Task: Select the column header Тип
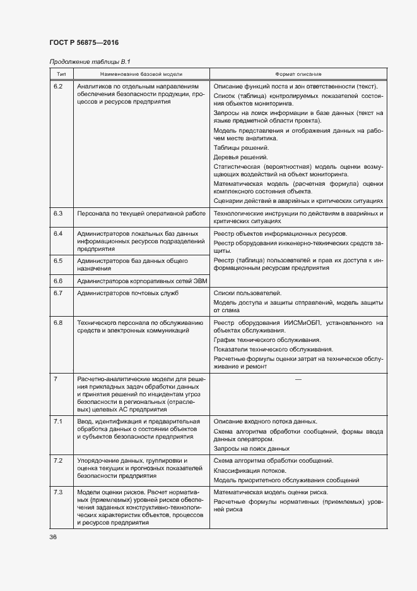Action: tap(61, 74)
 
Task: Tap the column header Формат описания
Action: tap(298, 74)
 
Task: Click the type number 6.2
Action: tap(59, 86)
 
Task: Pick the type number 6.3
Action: tap(59, 214)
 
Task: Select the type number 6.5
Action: tap(59, 260)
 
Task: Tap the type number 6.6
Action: tap(59, 280)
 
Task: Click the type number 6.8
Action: tap(59, 322)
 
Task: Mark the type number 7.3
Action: tap(59, 492)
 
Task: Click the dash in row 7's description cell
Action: tap(298, 379)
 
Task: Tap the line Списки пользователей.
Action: tap(247, 293)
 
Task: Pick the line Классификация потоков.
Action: tap(250, 470)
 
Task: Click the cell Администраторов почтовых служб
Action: tap(127, 293)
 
